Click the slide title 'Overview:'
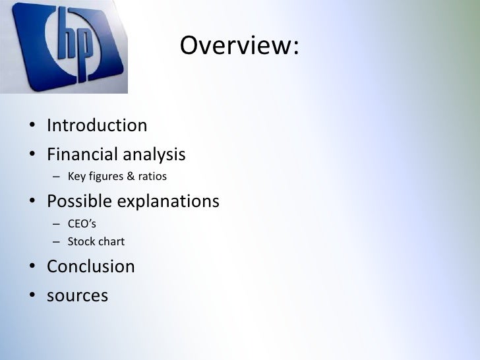(x=239, y=46)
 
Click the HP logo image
(x=64, y=47)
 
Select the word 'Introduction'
(x=97, y=125)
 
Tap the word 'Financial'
(x=78, y=155)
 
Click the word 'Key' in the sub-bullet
(x=76, y=177)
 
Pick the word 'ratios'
(x=152, y=177)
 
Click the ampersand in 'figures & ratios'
(x=131, y=177)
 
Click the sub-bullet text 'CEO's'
(x=82, y=224)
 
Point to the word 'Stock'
(x=81, y=242)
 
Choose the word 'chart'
(x=111, y=242)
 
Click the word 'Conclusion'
(x=90, y=267)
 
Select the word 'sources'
(x=77, y=296)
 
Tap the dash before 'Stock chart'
(x=57, y=242)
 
